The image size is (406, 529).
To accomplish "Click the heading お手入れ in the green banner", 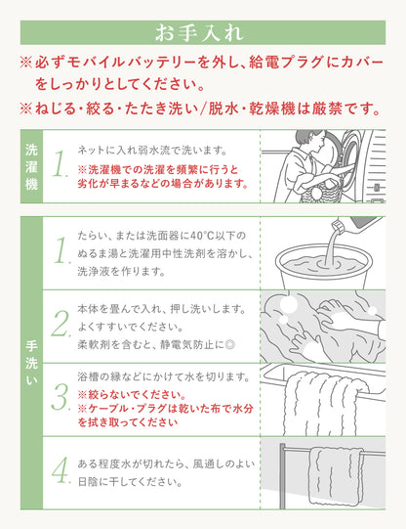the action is (199, 32).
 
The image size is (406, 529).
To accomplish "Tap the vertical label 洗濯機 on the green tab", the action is (31, 167).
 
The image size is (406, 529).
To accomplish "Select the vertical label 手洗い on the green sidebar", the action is (31, 363).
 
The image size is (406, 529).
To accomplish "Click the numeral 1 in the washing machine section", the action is (61, 164).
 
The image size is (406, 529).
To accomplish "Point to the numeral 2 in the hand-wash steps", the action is (61, 324).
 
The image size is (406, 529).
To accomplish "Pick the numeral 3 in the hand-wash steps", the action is (61, 397).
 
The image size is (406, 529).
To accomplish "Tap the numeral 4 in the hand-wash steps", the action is (61, 470).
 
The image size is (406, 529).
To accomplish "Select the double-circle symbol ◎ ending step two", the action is (230, 345).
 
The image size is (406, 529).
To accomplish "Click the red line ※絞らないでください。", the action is (132, 394).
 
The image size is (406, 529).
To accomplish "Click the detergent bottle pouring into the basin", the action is (356, 224).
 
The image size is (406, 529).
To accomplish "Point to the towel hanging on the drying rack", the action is (337, 476).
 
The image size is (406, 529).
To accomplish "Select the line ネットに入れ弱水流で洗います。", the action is (152, 151).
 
